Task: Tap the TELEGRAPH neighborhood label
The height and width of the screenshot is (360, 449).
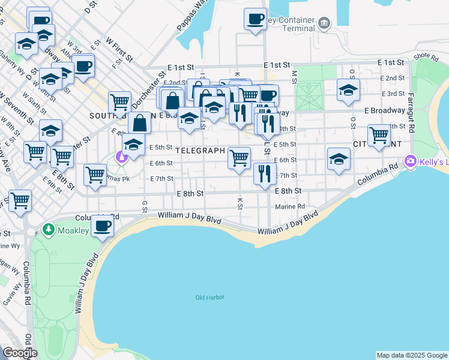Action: click(200, 151)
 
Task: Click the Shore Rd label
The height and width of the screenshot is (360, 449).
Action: click(426, 56)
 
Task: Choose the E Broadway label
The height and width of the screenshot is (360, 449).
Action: click(384, 110)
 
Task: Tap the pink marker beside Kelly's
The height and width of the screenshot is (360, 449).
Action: click(411, 161)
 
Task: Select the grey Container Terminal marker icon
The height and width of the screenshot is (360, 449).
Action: click(324, 23)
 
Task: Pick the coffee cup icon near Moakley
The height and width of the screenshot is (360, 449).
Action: click(103, 226)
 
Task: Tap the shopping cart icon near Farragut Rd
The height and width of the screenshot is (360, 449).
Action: click(379, 135)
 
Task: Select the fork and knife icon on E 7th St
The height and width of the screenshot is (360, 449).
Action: click(264, 173)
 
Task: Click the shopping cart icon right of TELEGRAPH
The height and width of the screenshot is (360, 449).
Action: click(240, 158)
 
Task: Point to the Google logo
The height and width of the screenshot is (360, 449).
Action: click(19, 353)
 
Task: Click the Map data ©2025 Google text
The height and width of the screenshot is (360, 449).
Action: click(412, 355)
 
